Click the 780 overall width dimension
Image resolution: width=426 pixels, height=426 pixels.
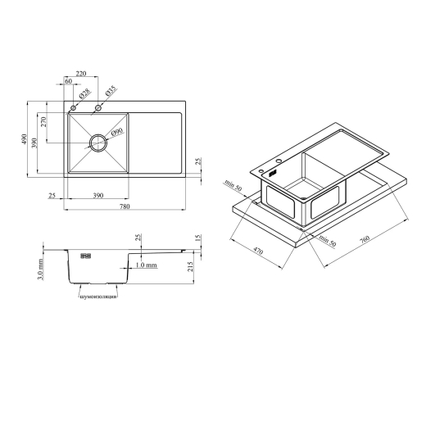[125, 206]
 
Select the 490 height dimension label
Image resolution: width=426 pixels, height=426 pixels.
[25, 139]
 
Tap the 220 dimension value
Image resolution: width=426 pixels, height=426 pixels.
[81, 74]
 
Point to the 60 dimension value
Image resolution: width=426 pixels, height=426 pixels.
[69, 81]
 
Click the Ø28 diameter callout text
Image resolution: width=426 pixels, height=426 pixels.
[84, 93]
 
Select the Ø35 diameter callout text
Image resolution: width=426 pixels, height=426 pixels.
[111, 90]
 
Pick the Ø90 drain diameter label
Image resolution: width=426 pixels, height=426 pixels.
[117, 132]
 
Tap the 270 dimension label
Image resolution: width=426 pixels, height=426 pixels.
[43, 122]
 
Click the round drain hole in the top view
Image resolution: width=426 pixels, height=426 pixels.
[98, 143]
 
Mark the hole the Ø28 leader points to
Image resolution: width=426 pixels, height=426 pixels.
[73, 108]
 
